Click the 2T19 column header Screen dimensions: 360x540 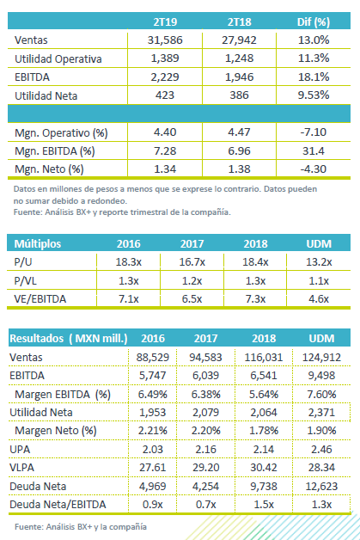[x=165, y=22]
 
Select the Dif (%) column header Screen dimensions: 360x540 [x=314, y=22]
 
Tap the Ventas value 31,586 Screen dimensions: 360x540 [x=165, y=40]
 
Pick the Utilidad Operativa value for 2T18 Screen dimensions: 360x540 [x=239, y=58]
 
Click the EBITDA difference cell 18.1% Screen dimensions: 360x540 [x=314, y=77]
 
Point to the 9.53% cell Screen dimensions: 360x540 [x=314, y=95]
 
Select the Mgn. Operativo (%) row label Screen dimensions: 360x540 [x=61, y=133]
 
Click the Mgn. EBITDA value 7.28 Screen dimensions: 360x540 [x=165, y=150]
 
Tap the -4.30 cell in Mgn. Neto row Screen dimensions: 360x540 [x=314, y=169]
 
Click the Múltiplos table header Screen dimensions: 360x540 [x=38, y=244]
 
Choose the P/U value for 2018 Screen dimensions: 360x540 [x=255, y=262]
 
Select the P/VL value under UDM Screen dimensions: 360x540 [x=319, y=280]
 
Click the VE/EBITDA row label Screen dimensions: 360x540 [x=40, y=299]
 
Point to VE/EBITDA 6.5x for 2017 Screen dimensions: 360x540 [x=192, y=299]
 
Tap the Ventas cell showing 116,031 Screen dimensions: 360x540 [x=264, y=357]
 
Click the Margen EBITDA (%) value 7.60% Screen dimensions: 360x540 [x=321, y=394]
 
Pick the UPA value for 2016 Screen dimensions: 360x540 [x=153, y=450]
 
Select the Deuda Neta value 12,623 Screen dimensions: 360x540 [x=321, y=487]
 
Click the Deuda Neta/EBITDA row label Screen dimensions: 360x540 [x=58, y=505]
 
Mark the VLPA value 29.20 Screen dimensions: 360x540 [x=205, y=468]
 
